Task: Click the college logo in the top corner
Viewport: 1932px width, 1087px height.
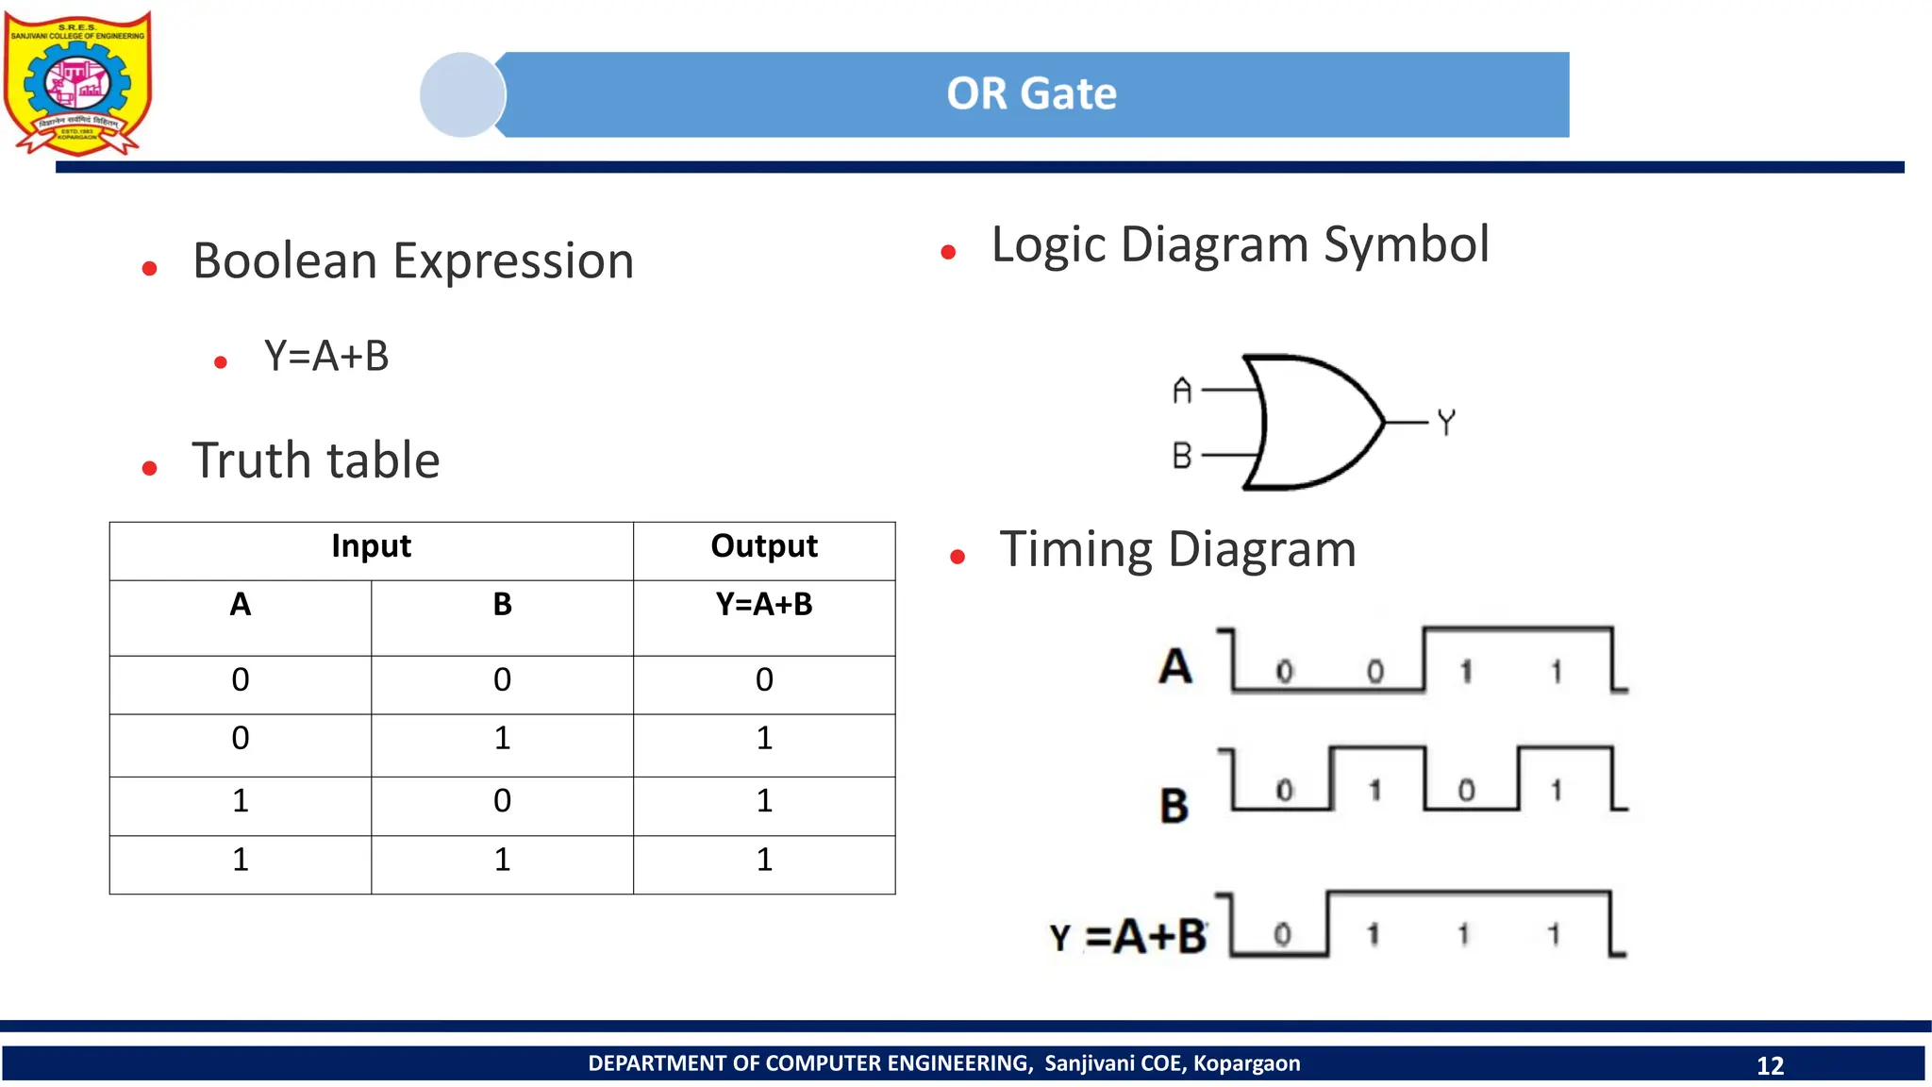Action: point(77,83)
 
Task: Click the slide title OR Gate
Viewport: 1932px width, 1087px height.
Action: point(1031,94)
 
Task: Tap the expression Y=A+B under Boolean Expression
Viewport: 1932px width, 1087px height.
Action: point(326,357)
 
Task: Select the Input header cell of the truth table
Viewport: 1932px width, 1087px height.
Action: point(371,546)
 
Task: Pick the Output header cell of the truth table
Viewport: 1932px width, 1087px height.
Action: point(764,546)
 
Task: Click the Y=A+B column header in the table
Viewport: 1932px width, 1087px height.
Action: point(764,605)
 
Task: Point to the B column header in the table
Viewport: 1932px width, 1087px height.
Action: point(502,605)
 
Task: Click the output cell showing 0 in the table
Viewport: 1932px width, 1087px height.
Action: point(764,680)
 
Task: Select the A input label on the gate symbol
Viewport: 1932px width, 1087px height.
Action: point(1182,390)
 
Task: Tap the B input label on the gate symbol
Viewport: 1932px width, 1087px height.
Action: point(1182,456)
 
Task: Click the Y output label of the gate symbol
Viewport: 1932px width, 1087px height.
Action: point(1446,422)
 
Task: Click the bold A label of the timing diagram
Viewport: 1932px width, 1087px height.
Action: point(1175,666)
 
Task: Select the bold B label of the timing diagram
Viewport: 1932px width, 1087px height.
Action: point(1174,806)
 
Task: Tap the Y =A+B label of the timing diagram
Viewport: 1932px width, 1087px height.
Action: point(1128,937)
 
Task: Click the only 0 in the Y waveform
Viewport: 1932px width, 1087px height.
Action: point(1282,934)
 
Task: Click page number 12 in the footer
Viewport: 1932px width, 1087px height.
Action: point(1770,1065)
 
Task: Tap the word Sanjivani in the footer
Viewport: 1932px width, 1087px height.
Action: point(1088,1063)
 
